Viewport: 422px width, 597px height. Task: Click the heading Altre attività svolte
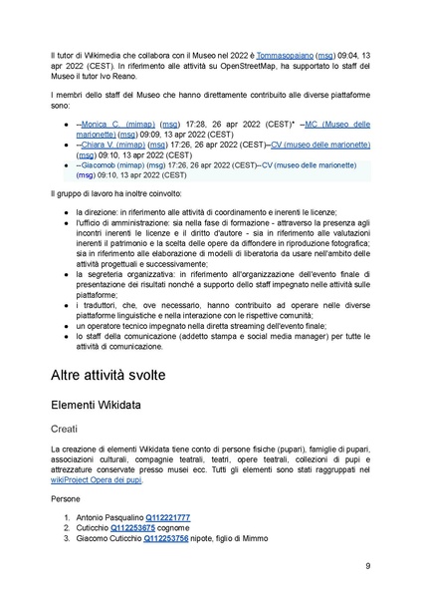(136, 376)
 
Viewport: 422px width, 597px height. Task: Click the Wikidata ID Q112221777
(167, 518)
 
